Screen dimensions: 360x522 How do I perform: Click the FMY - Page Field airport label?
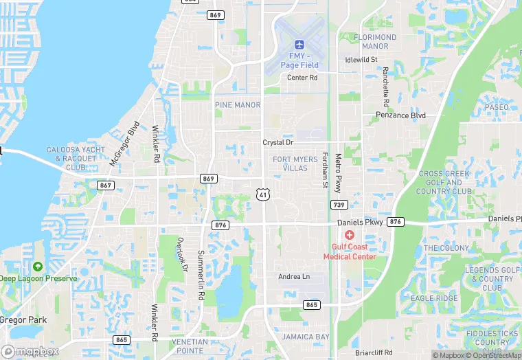(299, 60)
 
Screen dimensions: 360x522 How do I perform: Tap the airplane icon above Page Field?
(299, 44)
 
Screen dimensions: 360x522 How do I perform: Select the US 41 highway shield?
(263, 195)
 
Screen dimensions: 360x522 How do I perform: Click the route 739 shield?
(338, 204)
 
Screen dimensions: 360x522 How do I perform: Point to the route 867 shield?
(105, 185)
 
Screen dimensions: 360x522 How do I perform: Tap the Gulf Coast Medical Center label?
(350, 251)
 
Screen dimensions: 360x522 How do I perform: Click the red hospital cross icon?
(350, 235)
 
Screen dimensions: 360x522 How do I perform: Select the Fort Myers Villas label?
(291, 164)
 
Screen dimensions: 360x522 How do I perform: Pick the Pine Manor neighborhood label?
(238, 105)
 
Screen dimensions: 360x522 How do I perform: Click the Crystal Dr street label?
(278, 142)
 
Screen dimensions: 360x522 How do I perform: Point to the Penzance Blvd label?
(400, 115)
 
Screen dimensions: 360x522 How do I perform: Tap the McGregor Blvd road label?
(124, 144)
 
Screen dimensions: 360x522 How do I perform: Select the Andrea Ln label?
(294, 276)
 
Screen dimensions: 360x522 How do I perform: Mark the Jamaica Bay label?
(306, 337)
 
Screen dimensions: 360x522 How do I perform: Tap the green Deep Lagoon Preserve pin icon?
(37, 266)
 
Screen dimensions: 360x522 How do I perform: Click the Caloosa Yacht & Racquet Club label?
(71, 158)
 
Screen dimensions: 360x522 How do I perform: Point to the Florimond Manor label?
(375, 41)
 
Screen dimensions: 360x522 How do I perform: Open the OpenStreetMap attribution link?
(492, 355)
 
